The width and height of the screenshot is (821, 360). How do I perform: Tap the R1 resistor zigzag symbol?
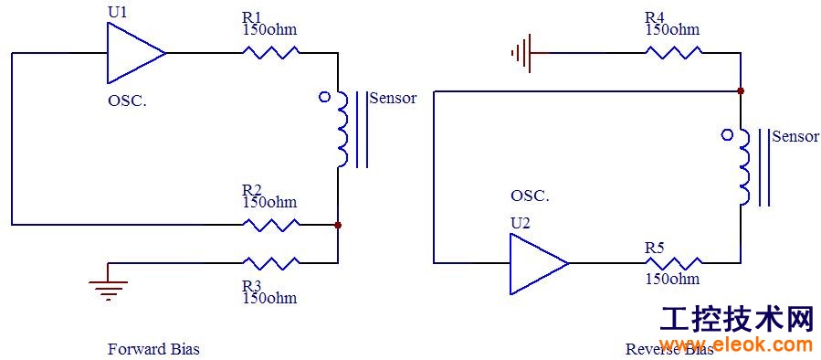[270, 52]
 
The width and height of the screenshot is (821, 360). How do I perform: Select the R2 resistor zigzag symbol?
[270, 225]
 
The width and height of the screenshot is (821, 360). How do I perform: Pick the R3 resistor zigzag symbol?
[270, 262]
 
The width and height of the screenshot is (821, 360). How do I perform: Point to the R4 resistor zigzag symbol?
[674, 52]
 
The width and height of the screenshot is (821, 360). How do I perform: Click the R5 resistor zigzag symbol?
[674, 262]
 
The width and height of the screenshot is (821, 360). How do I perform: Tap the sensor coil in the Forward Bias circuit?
[341, 130]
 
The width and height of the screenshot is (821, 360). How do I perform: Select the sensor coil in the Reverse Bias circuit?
[743, 167]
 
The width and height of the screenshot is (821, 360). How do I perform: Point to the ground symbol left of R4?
[521, 52]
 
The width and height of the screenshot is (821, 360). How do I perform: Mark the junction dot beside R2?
[338, 225]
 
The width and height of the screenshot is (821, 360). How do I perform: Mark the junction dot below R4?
[741, 90]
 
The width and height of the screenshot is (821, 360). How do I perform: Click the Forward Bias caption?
[153, 349]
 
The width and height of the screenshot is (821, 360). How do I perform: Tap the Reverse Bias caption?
[669, 349]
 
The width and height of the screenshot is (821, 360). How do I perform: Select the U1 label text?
[117, 12]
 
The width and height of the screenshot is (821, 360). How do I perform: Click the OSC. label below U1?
[127, 101]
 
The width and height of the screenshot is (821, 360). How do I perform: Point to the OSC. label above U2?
[530, 196]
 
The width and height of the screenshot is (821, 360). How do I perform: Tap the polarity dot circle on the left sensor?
[324, 97]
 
